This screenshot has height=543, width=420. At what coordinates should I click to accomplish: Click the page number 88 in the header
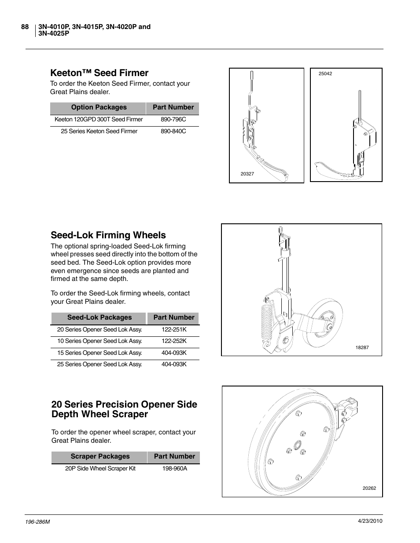coord(25,27)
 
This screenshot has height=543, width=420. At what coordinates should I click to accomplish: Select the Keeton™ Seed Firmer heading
coord(99,73)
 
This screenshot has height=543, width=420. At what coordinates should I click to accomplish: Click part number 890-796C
coord(173,120)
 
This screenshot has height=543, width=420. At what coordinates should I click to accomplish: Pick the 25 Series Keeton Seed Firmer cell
coord(99,131)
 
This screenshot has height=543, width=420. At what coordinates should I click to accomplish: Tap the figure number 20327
coord(247,174)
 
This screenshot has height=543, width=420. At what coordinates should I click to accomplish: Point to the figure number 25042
coord(325,74)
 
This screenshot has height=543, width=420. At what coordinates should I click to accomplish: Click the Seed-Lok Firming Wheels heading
coord(108,235)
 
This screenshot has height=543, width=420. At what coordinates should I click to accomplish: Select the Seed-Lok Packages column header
coord(99,317)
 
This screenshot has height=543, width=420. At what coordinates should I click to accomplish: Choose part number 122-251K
coord(174,330)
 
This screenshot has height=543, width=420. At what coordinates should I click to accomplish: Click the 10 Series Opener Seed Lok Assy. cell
coord(99,341)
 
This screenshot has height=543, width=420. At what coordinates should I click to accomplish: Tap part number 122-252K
coord(174,341)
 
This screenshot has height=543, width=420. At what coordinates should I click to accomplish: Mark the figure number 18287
coord(362,348)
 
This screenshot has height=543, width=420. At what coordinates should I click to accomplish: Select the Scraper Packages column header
coord(100,456)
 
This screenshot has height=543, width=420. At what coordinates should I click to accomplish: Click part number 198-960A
coord(174,469)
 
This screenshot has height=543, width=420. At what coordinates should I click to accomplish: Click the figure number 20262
coord(369,488)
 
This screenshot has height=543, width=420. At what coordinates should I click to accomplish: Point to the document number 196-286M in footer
coord(38,521)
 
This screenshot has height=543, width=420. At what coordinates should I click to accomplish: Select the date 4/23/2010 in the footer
coord(370,521)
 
